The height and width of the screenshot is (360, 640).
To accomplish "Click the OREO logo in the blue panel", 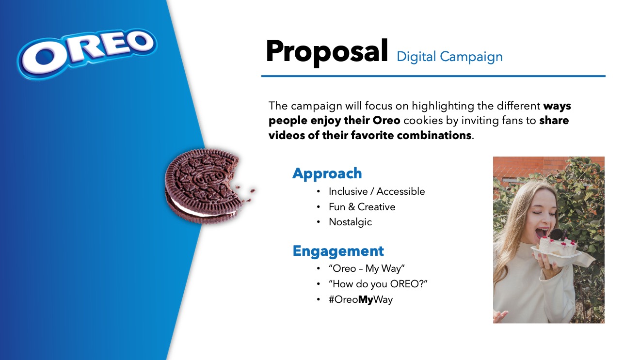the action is [87, 53].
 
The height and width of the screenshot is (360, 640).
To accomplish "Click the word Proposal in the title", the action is [327, 52].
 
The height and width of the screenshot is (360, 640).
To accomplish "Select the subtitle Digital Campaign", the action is [449, 57].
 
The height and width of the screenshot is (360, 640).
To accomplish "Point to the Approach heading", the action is [327, 173].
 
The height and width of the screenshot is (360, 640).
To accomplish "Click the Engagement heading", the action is [338, 251].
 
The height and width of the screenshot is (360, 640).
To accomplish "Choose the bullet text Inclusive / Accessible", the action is [377, 191].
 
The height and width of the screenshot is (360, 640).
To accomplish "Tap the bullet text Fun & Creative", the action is [362, 207].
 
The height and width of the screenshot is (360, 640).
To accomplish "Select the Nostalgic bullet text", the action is [350, 222].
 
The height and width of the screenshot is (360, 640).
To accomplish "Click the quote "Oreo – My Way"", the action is [367, 268].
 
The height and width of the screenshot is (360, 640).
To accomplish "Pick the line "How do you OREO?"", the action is [378, 284].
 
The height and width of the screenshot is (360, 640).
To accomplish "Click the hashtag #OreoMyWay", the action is [361, 299].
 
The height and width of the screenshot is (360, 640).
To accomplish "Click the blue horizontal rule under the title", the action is [433, 76].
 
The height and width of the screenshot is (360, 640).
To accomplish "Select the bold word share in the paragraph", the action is [554, 121].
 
